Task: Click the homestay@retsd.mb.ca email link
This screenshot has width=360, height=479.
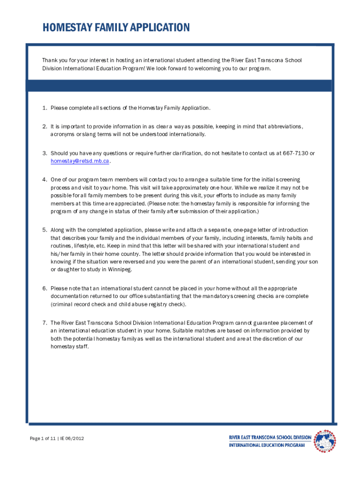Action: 80,161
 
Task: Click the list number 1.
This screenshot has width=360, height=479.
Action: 44,108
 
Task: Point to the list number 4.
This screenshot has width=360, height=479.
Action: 44,180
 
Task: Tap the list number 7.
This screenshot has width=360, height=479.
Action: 44,323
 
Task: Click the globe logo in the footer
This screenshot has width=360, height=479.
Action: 324,441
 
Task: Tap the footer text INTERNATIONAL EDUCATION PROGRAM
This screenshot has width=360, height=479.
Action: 266,445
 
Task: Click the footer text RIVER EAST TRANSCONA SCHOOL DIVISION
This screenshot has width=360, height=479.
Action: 270,437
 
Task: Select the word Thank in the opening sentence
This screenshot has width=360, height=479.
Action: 50,60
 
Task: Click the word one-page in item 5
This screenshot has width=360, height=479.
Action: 245,230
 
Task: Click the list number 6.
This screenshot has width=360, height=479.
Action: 44,289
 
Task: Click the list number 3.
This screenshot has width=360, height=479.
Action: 44,153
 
